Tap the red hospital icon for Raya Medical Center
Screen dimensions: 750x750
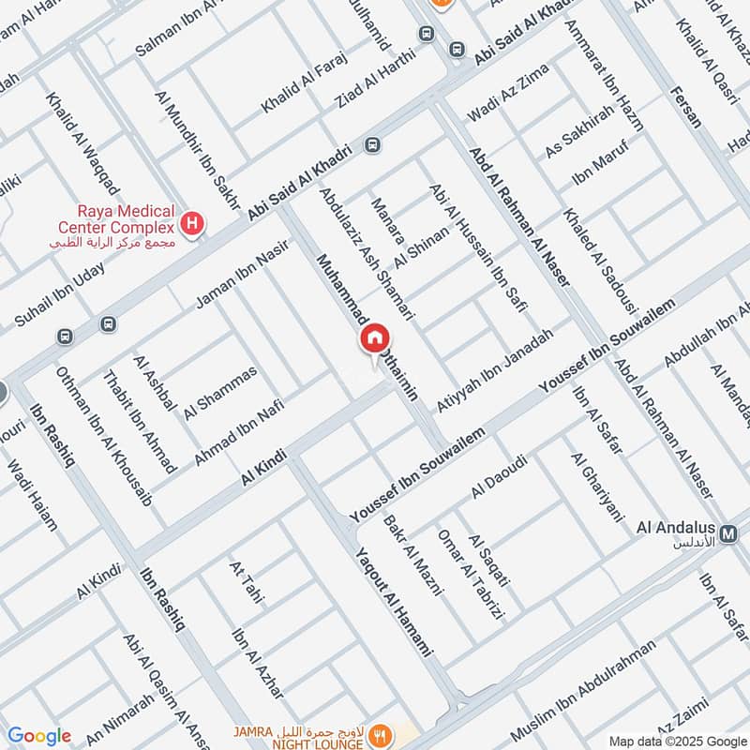pos(192,224)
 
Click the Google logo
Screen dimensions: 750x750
pos(38,736)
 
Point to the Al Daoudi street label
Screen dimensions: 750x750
pos(500,475)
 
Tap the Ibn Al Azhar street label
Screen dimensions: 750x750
pos(257,662)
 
